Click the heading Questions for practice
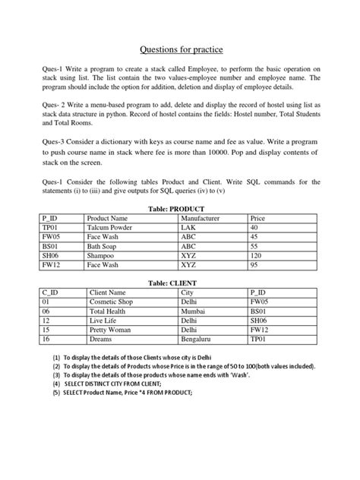(180, 50)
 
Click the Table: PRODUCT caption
(180, 208)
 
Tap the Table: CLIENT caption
(180, 283)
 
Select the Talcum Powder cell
(110, 227)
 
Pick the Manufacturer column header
(200, 218)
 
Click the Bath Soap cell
(105, 247)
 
